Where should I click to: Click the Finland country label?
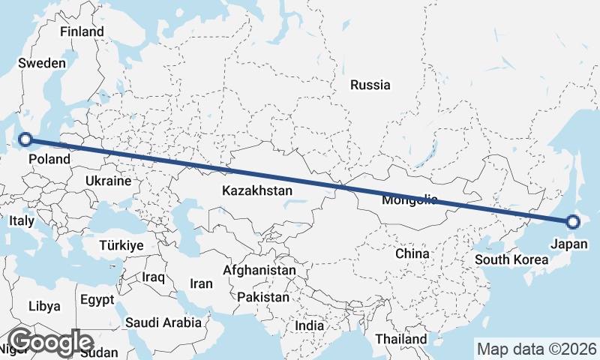coord(82,32)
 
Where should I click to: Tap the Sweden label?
coord(43,64)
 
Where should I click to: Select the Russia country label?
coord(370,85)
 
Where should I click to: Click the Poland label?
coord(50,159)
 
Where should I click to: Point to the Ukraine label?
coord(109,181)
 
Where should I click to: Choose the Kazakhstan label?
coord(256,191)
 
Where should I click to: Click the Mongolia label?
coord(409,200)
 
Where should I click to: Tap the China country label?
coord(412,253)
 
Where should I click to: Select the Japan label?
coord(569,244)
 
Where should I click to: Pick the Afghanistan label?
coord(259,269)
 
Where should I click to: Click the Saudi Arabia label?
coord(163,322)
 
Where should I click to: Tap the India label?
coord(310,326)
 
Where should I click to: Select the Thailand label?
coord(401,338)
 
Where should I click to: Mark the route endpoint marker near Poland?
coord(25,139)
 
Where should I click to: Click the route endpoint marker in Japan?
coord(573,221)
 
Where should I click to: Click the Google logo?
coord(50,342)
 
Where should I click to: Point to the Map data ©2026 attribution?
coord(537,349)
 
